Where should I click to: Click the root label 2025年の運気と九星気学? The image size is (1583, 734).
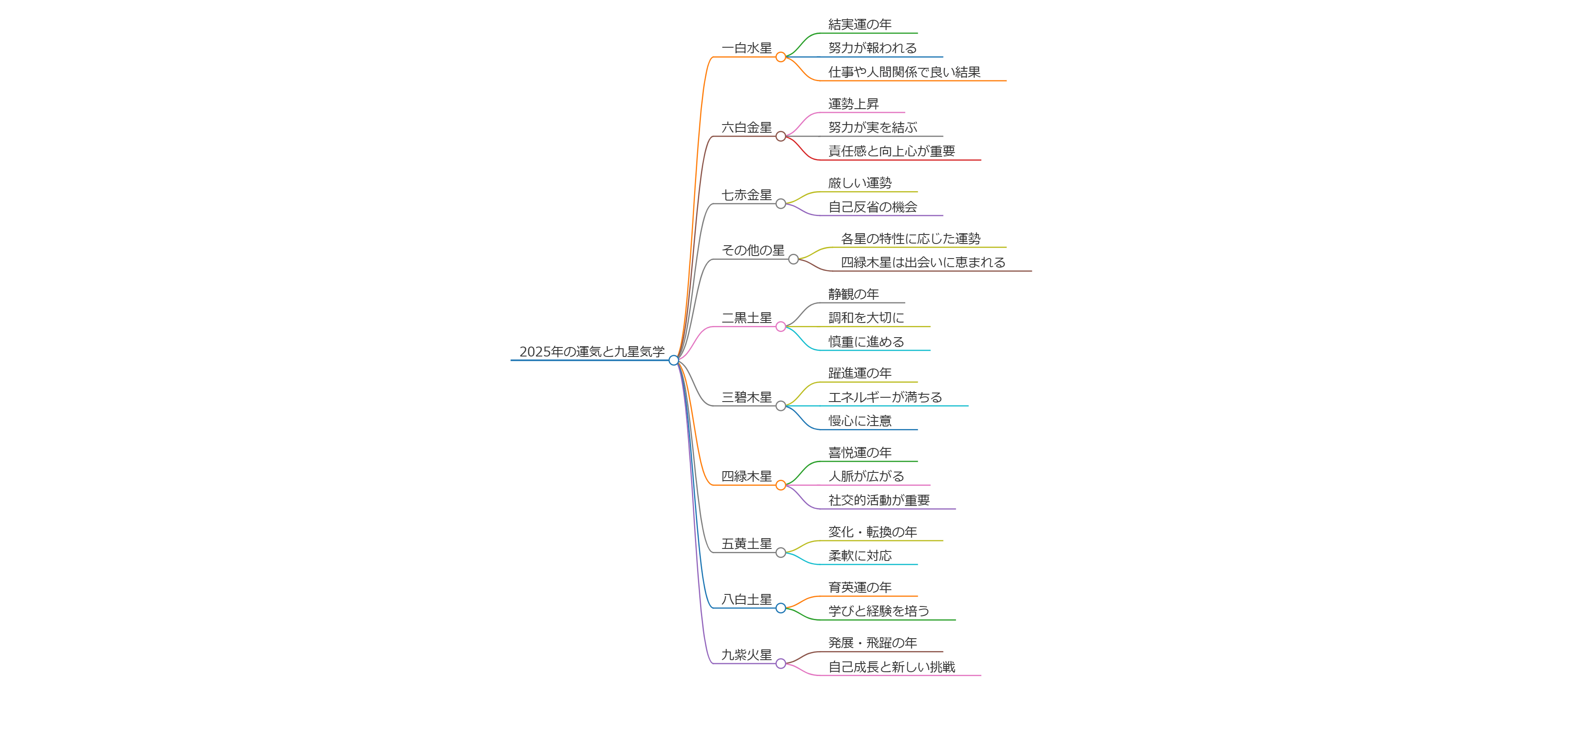coord(592,352)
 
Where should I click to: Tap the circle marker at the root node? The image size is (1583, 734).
coord(673,360)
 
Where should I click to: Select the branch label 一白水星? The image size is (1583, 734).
coord(746,48)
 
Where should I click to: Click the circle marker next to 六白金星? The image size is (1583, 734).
coord(780,137)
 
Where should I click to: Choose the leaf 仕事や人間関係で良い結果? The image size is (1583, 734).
coord(904,72)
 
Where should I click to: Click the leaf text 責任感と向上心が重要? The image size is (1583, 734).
coord(891,151)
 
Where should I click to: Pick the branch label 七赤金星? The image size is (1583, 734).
coord(746,195)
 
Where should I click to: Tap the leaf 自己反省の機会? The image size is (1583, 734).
coord(872,207)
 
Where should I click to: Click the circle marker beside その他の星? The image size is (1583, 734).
coord(793,259)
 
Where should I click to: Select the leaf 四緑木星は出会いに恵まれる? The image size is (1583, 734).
coord(923,262)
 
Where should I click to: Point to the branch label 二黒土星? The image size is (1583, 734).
coord(746,318)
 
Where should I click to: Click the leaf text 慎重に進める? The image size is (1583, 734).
coord(866,342)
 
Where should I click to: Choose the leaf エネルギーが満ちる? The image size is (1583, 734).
coord(885,397)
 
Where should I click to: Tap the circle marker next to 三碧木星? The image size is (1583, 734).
coord(780,406)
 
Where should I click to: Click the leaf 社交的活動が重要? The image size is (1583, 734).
coord(879,500)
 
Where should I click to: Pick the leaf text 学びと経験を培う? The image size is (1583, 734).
coord(879,611)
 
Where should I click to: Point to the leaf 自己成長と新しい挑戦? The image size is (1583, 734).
coord(891,667)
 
